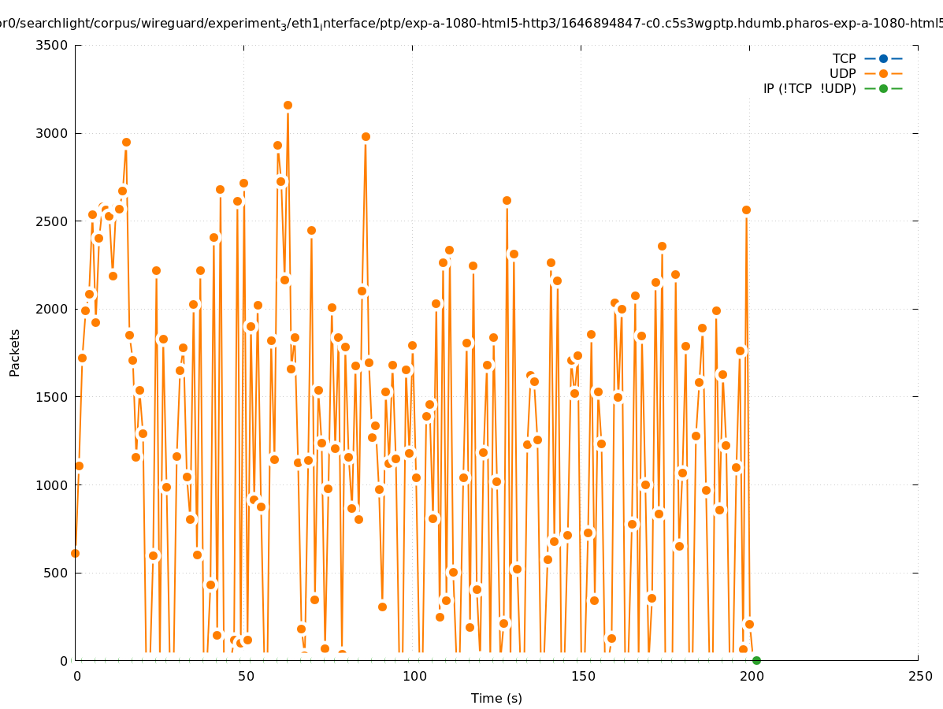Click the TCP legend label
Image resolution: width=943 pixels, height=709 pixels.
coord(844,58)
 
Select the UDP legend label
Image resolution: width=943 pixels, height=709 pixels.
coord(842,73)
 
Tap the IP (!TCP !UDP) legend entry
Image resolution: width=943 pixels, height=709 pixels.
coord(809,88)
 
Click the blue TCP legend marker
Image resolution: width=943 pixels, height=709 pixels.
coord(883,58)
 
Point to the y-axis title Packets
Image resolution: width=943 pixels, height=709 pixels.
coord(15,352)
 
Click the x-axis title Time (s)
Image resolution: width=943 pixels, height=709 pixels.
coord(496,698)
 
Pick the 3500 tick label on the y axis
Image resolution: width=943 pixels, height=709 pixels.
coord(53,45)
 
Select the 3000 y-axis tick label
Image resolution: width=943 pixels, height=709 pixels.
coord(53,133)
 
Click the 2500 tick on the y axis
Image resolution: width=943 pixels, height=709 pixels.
coord(53,221)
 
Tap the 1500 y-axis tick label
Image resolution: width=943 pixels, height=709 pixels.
coord(53,396)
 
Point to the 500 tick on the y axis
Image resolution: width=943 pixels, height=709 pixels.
coord(57,573)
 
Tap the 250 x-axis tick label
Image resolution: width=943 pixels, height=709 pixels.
coord(919,676)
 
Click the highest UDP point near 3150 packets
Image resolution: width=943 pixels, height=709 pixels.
coord(288,105)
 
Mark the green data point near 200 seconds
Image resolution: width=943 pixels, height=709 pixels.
coord(756,660)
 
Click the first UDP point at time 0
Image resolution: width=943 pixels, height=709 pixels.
coord(75,553)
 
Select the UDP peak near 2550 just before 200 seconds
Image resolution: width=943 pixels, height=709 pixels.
coord(746,210)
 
